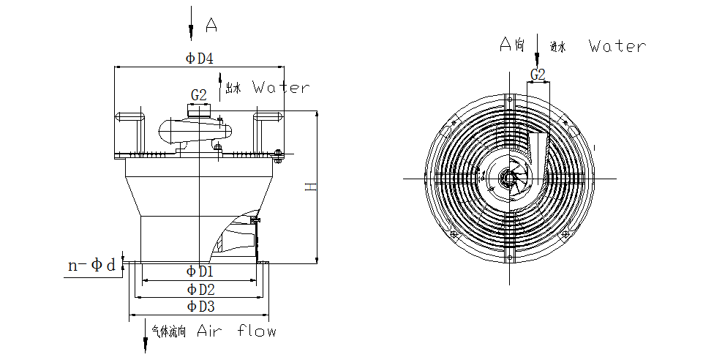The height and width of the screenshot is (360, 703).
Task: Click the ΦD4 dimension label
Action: pyautogui.click(x=200, y=59)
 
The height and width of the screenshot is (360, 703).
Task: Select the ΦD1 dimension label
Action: pyautogui.click(x=200, y=271)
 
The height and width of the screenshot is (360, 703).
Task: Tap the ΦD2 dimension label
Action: pyautogui.click(x=200, y=289)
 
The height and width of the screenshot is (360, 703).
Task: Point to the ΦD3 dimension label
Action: pyautogui.click(x=200, y=306)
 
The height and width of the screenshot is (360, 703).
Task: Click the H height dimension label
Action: pyautogui.click(x=311, y=188)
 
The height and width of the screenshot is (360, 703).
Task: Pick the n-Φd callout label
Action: pyautogui.click(x=92, y=266)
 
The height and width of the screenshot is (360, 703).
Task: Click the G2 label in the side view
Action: pyautogui.click(x=199, y=95)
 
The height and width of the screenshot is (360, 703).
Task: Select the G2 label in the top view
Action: pyautogui.click(x=538, y=75)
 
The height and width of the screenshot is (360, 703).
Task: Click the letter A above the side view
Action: pyautogui.click(x=211, y=26)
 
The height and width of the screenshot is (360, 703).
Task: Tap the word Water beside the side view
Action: pyautogui.click(x=281, y=88)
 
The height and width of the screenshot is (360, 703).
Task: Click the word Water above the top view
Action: pyautogui.click(x=617, y=47)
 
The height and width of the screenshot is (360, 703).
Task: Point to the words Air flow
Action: pyautogui.click(x=237, y=331)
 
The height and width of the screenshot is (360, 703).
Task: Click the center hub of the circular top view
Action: pyautogui.click(x=507, y=178)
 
